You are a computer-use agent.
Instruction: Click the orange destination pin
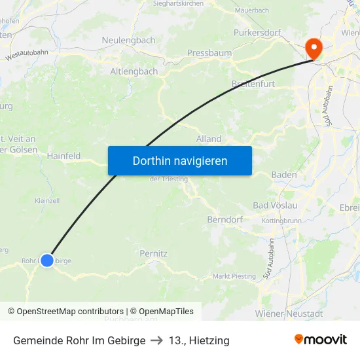[x=314, y=47]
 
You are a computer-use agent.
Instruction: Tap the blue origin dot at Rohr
[x=47, y=261]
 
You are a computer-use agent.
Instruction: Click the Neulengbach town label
[x=128, y=40]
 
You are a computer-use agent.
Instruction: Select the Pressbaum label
[x=206, y=53]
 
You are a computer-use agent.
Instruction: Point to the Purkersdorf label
[x=257, y=32]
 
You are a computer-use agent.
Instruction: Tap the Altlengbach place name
[x=134, y=71]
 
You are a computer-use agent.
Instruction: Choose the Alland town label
[x=209, y=139]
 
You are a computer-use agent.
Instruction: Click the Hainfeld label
[x=63, y=156]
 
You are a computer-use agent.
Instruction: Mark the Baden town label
[x=283, y=175]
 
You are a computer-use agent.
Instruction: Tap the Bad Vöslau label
[x=275, y=206]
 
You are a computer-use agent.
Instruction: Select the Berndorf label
[x=225, y=220]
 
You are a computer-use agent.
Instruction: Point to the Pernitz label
[x=154, y=253]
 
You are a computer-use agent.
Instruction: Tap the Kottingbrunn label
[x=281, y=221]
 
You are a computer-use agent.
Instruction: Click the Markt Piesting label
[x=234, y=276]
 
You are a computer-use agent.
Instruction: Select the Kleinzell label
[x=48, y=200]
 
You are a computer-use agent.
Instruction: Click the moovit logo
[x=320, y=340]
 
